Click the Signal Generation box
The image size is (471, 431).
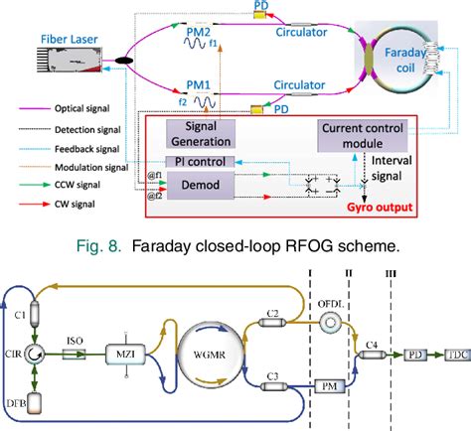tap(201, 133)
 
